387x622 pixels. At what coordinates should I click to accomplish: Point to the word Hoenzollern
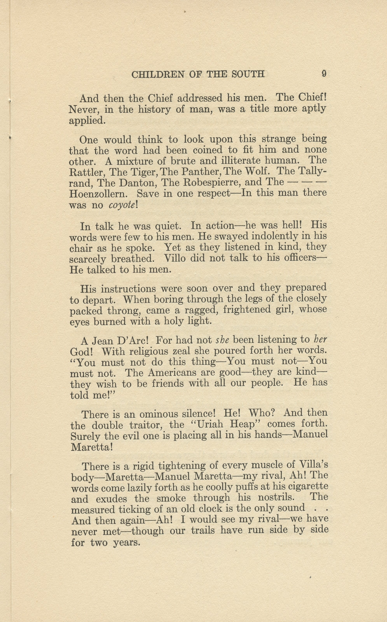coord(98,194)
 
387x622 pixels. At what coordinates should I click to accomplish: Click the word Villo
coord(174,258)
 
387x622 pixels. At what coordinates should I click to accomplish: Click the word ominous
coord(159,414)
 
